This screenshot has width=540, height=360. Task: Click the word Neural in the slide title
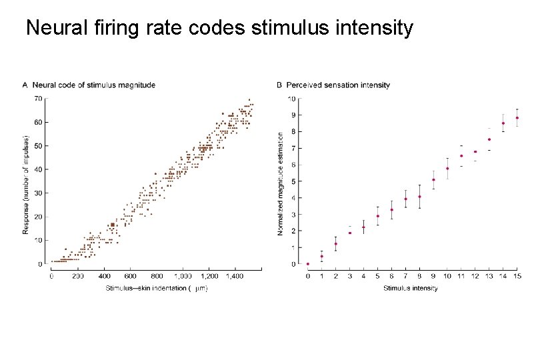[x=57, y=27]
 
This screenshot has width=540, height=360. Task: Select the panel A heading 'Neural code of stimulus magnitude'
[x=94, y=85]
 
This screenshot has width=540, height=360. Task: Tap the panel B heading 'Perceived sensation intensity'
[x=338, y=85]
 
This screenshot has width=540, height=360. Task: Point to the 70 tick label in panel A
[x=38, y=99]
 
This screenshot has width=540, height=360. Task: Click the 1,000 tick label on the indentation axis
[x=183, y=276]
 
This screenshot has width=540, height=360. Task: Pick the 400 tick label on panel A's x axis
[x=105, y=276]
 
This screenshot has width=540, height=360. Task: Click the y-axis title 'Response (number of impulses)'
[x=25, y=185]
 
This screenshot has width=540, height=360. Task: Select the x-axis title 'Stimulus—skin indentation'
[x=146, y=288]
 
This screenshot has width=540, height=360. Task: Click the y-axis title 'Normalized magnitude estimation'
[x=280, y=184]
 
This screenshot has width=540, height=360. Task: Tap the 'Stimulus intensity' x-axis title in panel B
[x=411, y=288]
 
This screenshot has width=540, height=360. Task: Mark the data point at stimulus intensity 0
[x=308, y=264]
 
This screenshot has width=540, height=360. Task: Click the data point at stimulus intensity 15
[x=517, y=118]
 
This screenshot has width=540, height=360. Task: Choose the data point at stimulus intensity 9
[x=433, y=180]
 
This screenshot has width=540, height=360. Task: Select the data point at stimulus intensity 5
[x=378, y=216]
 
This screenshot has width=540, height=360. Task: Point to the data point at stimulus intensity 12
[x=475, y=151]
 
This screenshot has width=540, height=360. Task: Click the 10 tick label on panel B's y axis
[x=292, y=99]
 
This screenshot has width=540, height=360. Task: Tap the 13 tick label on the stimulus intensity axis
[x=489, y=276]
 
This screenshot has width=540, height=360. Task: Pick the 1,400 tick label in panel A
[x=235, y=276]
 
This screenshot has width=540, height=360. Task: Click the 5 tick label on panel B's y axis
[x=293, y=181]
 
